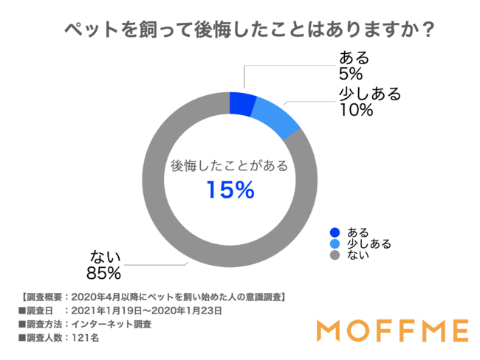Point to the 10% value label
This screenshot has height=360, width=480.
click(357, 111)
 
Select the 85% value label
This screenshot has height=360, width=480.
click(106, 273)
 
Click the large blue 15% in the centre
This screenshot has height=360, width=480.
click(230, 190)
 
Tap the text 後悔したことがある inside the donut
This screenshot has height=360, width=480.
click(230, 165)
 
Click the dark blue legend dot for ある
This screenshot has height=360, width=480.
click(335, 232)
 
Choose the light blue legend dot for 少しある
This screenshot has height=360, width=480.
click(335, 243)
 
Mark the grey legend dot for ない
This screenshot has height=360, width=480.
click(335, 255)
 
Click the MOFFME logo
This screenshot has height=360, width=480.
click(391, 328)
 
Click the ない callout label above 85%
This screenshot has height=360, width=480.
click(104, 256)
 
